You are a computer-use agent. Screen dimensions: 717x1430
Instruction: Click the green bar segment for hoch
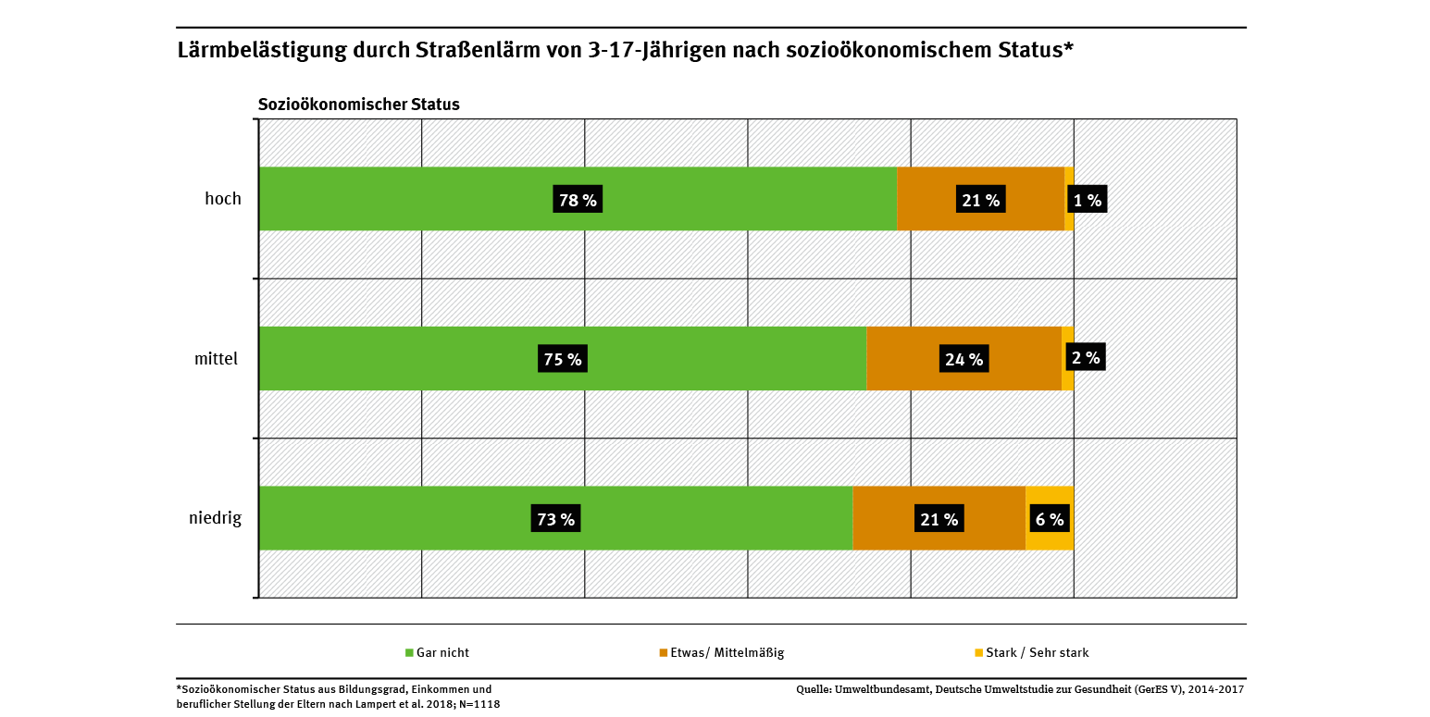click(x=417, y=199)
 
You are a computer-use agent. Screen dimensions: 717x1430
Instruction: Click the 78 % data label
click(x=578, y=200)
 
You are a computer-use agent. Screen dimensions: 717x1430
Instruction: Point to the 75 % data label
click(x=563, y=359)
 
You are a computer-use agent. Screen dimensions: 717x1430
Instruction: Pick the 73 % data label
click(x=555, y=519)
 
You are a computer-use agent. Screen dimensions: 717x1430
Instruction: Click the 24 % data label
click(x=964, y=359)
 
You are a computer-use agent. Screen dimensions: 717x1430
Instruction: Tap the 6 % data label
click(x=1050, y=519)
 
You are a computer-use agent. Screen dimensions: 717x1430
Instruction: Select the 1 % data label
click(x=1087, y=200)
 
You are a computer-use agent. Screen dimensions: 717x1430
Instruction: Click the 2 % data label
click(x=1085, y=357)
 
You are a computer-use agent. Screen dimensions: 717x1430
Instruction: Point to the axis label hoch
click(x=223, y=198)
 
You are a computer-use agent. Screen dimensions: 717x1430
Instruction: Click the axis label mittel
click(x=217, y=358)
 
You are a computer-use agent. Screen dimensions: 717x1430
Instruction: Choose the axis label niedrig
click(x=215, y=518)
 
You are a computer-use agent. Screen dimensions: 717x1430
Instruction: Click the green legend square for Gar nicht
click(x=409, y=653)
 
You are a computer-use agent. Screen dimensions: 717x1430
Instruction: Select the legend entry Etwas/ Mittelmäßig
click(x=727, y=653)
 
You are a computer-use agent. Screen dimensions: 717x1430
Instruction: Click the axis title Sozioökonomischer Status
click(x=358, y=105)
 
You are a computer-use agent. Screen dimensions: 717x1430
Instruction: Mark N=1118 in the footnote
click(x=479, y=705)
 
